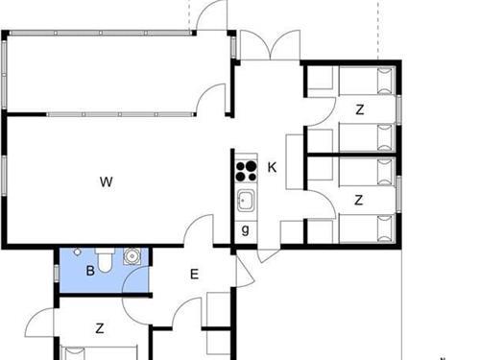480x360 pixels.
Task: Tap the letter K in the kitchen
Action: click(272, 167)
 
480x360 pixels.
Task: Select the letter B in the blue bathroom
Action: click(90, 271)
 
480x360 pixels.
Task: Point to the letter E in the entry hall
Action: click(193, 275)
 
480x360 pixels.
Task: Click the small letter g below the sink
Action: click(246, 229)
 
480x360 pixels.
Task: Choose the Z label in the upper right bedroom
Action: click(359, 109)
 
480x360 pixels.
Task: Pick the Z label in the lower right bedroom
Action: click(359, 201)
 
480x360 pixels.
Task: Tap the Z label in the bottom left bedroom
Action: click(100, 328)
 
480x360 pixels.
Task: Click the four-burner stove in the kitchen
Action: click(246, 170)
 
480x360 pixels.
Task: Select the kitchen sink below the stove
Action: click(246, 202)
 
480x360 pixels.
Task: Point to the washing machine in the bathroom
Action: click(132, 256)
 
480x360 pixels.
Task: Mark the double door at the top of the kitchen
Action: click(262, 46)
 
